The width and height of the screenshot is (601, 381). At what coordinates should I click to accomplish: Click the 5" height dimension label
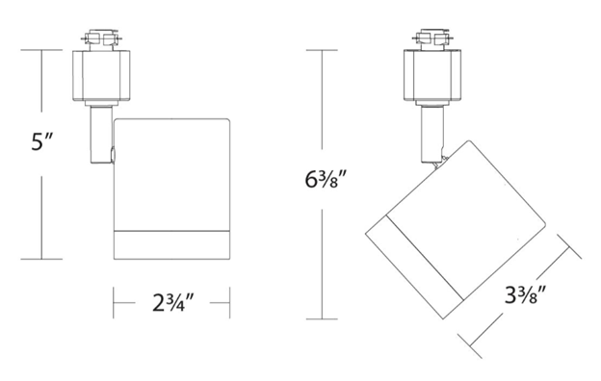(x=41, y=141)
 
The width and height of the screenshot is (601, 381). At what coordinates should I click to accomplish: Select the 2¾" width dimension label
(x=173, y=303)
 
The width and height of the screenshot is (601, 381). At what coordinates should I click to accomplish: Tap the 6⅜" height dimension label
(x=326, y=179)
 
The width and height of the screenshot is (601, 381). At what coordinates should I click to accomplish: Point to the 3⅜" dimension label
(x=525, y=295)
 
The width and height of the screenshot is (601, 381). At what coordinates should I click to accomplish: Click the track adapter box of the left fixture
(x=101, y=75)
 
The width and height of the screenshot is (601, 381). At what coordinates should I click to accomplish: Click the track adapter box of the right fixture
(x=432, y=75)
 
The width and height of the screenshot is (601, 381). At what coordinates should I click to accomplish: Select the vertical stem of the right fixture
(x=431, y=135)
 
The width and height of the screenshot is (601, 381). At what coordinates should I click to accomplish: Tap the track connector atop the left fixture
(x=101, y=38)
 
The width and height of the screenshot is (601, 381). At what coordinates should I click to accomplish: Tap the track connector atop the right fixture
(x=432, y=38)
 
